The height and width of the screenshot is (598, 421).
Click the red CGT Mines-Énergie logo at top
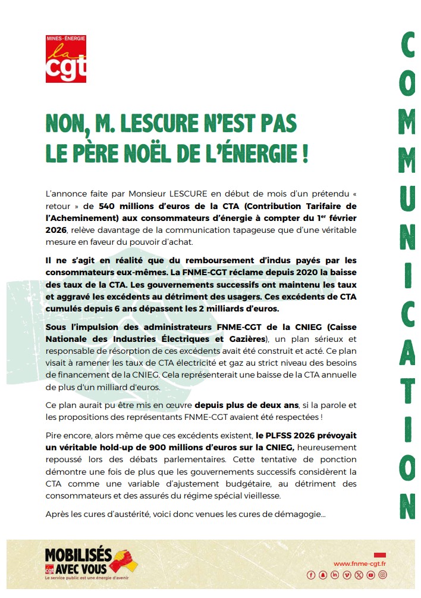pyautogui.click(x=66, y=58)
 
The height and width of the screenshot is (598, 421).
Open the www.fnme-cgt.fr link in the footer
pyautogui.click(x=360, y=563)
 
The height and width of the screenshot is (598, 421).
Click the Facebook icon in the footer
pyautogui.click(x=310, y=575)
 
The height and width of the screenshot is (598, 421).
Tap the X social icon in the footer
pyautogui.click(x=359, y=575)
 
